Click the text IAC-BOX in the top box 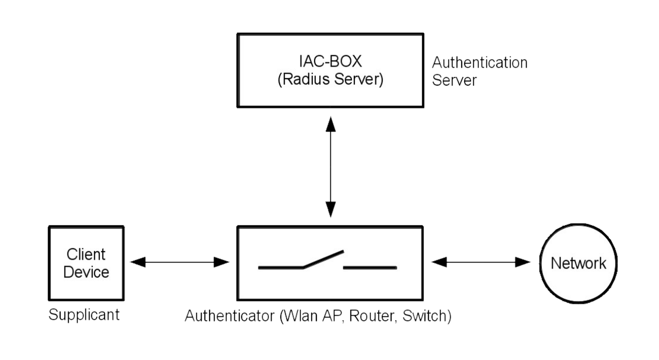[330, 61]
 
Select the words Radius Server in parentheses [330, 79]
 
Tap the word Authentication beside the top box [479, 63]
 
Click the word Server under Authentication [454, 80]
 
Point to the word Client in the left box [86, 254]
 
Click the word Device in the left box [86, 272]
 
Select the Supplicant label [84, 315]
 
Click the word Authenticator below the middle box [229, 316]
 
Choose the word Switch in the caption [424, 316]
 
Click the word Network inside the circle [578, 263]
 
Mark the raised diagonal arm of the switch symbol [323, 259]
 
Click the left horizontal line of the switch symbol [280, 268]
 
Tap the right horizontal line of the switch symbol [369, 268]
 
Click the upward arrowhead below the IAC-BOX [330, 124]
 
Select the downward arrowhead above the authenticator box [330, 209]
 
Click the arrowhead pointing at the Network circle [522, 262]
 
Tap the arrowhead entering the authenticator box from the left [221, 262]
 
